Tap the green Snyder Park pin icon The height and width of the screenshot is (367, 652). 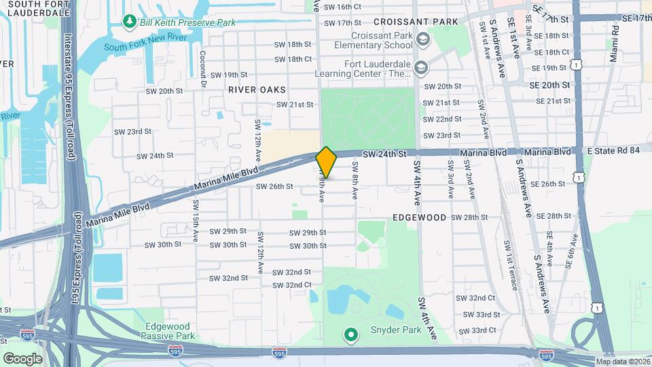pos(350,334)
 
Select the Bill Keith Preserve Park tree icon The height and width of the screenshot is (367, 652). pos(129,22)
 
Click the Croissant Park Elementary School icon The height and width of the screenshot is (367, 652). pos(423,39)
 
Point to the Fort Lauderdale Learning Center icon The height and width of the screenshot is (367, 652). pos(421,67)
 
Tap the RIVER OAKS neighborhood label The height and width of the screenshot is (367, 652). pos(257,90)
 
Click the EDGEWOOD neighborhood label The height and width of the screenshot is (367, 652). pos(419,217)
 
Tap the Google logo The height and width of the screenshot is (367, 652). pos(22,358)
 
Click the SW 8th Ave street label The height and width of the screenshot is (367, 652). pos(355,179)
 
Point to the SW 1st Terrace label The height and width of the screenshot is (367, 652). pos(509,265)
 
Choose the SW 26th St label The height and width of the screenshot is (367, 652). pos(274,186)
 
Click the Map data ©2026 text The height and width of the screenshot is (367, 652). pos(623,362)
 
